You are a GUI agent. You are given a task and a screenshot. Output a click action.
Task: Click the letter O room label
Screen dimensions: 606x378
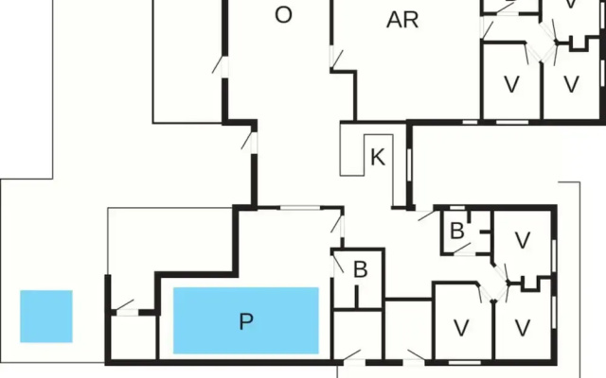pyautogui.click(x=283, y=15)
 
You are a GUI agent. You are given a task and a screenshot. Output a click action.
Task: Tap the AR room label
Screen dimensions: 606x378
pyautogui.click(x=402, y=20)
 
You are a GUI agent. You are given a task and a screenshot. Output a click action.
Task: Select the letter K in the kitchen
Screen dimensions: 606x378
pyautogui.click(x=378, y=157)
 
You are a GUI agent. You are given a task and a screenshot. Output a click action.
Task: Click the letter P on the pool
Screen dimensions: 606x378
pyautogui.click(x=246, y=321)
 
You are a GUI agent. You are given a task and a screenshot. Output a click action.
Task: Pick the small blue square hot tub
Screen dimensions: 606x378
pyautogui.click(x=46, y=317)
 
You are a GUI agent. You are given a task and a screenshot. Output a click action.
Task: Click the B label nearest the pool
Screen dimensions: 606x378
pyautogui.click(x=360, y=269)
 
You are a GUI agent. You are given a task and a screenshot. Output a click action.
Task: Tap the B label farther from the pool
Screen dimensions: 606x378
pyautogui.click(x=457, y=231)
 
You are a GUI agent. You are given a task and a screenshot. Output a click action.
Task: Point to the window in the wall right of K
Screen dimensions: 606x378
pyautogui.click(x=409, y=164)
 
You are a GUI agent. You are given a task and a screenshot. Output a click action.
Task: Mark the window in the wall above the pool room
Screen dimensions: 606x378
pyautogui.click(x=300, y=208)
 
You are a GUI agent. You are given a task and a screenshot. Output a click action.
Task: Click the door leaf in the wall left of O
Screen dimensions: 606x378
pyautogui.click(x=217, y=64)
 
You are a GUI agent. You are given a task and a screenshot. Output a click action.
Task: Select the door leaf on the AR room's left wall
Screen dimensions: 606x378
pyautogui.click(x=337, y=59)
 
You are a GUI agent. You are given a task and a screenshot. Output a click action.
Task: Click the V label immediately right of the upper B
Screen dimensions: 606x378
pyautogui.click(x=523, y=240)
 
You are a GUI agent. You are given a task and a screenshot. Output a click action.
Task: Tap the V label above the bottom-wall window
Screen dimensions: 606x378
pyautogui.click(x=461, y=328)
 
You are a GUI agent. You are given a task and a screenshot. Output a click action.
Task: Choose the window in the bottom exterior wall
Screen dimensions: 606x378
pyautogui.click(x=465, y=363)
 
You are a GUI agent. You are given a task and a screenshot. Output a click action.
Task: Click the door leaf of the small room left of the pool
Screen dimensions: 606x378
pyautogui.click(x=125, y=304)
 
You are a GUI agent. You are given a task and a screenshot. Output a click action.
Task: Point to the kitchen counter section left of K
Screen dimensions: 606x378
pyautogui.click(x=352, y=149)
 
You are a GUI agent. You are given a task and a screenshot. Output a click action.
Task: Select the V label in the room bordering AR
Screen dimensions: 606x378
pyautogui.click(x=511, y=84)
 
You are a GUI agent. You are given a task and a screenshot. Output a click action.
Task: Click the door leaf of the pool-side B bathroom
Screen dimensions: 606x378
pyautogui.click(x=338, y=264)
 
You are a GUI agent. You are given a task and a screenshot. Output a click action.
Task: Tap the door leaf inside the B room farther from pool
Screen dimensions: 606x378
pyautogui.click(x=462, y=248)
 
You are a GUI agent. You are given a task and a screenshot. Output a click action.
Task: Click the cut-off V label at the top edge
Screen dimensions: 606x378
pyautogui.click(x=571, y=4)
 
